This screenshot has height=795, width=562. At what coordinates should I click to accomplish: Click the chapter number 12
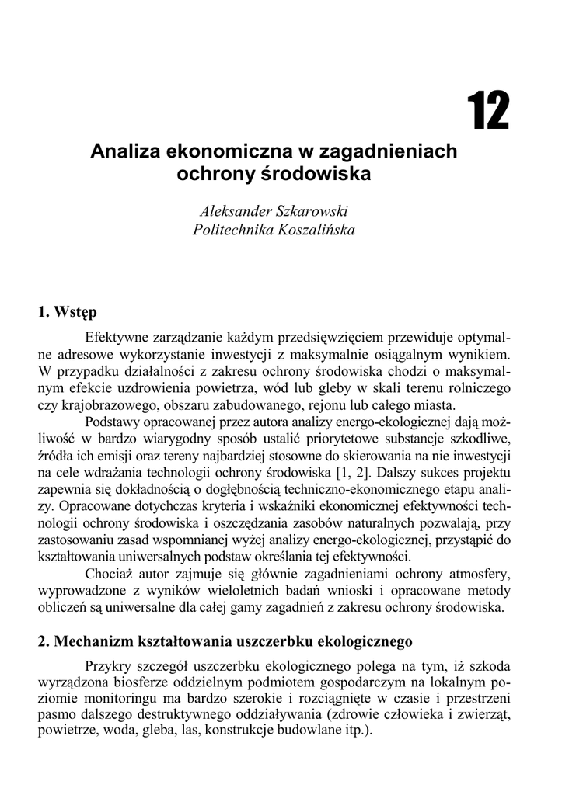(488, 112)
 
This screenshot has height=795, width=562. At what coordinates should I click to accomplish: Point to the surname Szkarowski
(314, 211)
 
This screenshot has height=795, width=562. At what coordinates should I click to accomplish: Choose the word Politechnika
(227, 230)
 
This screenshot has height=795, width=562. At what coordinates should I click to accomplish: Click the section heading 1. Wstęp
(68, 313)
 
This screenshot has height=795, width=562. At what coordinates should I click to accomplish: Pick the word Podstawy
(112, 422)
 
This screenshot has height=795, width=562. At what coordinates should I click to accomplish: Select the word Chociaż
(110, 575)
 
